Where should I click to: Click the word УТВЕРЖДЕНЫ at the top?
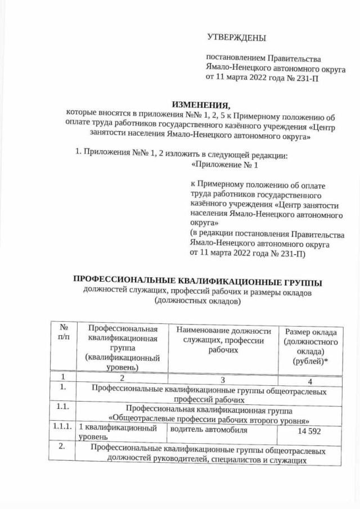pyautogui.click(x=236, y=38)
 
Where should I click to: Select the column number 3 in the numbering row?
pyautogui.click(x=223, y=379)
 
